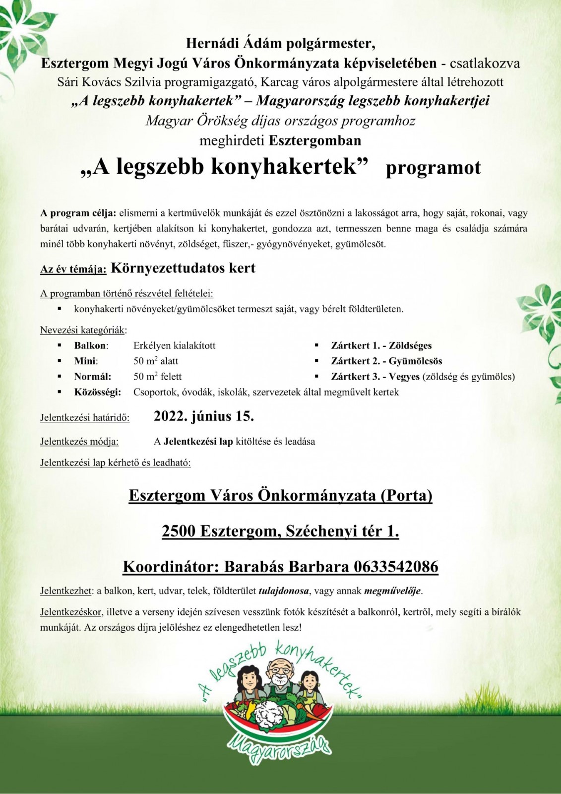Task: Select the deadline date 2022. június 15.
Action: [204, 416]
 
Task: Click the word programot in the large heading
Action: [433, 168]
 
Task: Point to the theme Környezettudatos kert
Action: [183, 268]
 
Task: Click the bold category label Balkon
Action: [91, 345]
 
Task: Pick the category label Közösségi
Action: [97, 392]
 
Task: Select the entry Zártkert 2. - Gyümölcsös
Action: [386, 361]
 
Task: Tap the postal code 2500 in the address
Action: [179, 531]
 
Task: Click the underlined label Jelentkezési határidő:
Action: [85, 417]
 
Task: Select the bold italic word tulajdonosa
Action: [284, 591]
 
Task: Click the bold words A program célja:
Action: [78, 213]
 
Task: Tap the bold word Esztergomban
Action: [315, 140]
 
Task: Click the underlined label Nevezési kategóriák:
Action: [83, 330]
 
